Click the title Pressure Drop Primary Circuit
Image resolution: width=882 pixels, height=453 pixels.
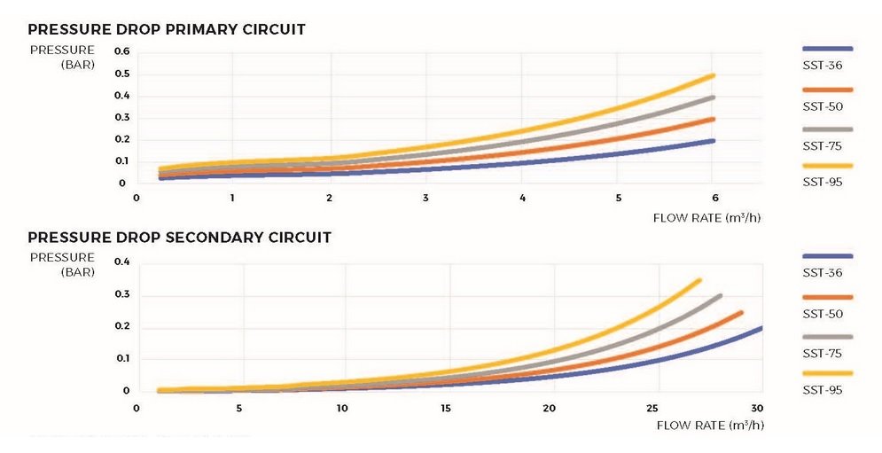pyautogui.click(x=167, y=29)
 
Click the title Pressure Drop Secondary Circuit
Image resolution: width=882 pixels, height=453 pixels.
pyautogui.click(x=180, y=238)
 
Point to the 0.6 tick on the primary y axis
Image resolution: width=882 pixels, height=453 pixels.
pyautogui.click(x=121, y=51)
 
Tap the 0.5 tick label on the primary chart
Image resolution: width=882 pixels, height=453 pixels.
pyautogui.click(x=121, y=74)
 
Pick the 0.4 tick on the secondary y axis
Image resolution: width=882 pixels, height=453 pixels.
pyautogui.click(x=121, y=262)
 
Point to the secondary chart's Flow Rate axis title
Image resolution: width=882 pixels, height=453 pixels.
pyautogui.click(x=709, y=426)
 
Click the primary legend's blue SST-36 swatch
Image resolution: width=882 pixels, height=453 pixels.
pyautogui.click(x=827, y=49)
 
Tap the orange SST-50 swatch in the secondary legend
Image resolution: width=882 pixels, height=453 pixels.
pyautogui.click(x=827, y=297)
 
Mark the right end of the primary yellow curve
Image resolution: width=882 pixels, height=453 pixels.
pyautogui.click(x=713, y=75)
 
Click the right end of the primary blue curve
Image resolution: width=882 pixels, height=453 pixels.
pyautogui.click(x=713, y=141)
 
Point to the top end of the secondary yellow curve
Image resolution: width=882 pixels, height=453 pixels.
pyautogui.click(x=699, y=280)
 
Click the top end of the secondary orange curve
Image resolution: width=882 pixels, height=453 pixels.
pyautogui.click(x=741, y=312)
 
